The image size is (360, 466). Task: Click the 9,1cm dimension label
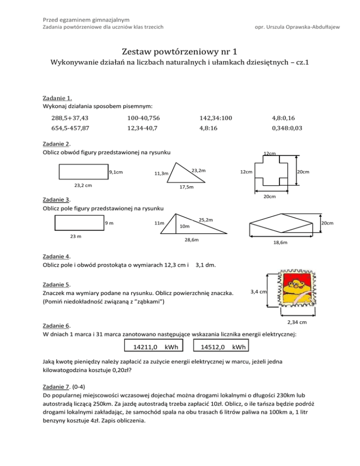[x=115, y=173]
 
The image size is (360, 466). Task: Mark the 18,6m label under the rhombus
[x=280, y=243]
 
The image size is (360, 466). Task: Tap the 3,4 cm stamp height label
[x=259, y=292]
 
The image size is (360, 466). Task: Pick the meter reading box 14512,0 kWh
[x=223, y=347]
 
